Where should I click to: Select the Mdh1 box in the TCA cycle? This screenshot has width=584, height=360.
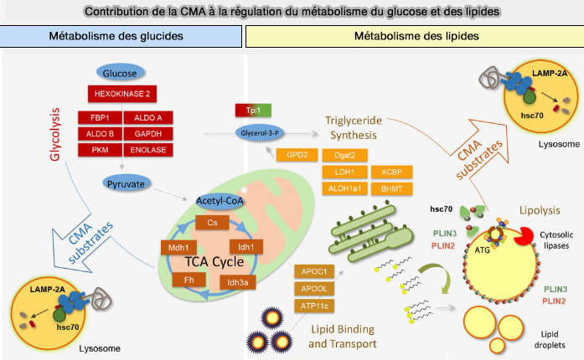coord(177,247)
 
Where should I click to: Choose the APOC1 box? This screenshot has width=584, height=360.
coord(313,271)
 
